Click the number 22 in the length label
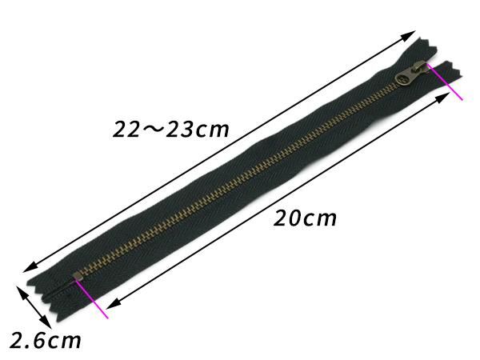(126, 130)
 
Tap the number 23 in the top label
(179, 130)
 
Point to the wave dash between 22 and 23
(153, 130)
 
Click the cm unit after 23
(212, 130)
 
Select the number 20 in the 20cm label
(286, 218)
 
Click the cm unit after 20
(319, 219)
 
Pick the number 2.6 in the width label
(29, 341)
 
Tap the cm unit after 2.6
(65, 342)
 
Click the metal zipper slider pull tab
(412, 74)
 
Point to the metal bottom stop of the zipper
(78, 278)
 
